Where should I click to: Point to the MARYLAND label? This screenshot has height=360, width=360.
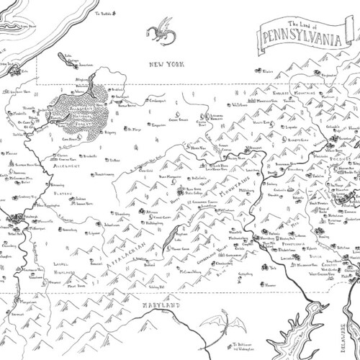[x=160, y=305]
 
